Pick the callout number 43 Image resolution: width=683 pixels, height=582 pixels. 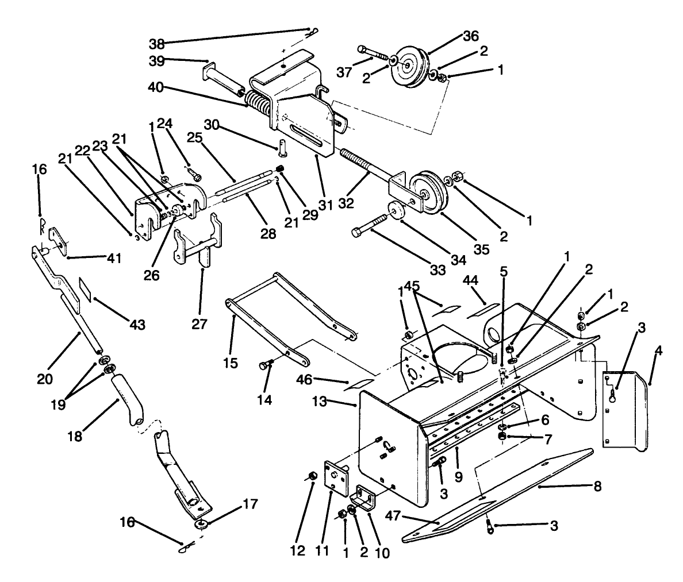pyautogui.click(x=137, y=325)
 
